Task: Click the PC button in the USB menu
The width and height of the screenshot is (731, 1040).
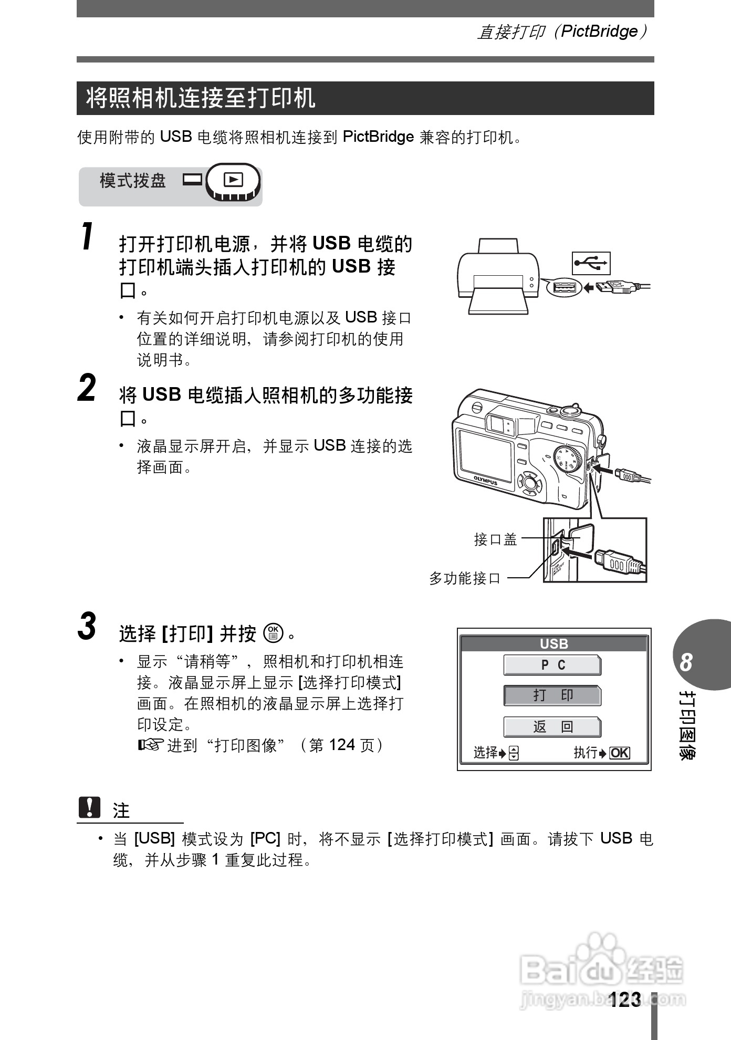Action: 552,665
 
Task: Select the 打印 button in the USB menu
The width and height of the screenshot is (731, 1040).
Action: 552,695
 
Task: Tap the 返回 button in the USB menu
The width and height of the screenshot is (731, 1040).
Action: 552,727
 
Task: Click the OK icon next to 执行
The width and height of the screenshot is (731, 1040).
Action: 620,753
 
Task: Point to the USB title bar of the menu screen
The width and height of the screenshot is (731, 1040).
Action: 554,643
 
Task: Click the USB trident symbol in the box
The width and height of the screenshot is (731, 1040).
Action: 591,263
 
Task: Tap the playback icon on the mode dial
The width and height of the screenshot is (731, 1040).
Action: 233,180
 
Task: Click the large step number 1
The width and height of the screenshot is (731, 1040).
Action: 88,237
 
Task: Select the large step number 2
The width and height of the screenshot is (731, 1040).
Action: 87,388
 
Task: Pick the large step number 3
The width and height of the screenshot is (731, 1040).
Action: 87,626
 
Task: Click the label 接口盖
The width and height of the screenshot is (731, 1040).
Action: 495,539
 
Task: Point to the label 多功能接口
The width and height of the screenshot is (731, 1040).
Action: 465,578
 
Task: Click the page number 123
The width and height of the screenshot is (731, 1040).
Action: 625,1000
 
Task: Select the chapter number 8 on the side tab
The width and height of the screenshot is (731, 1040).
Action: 686,662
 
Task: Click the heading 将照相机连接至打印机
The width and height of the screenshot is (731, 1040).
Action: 201,98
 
